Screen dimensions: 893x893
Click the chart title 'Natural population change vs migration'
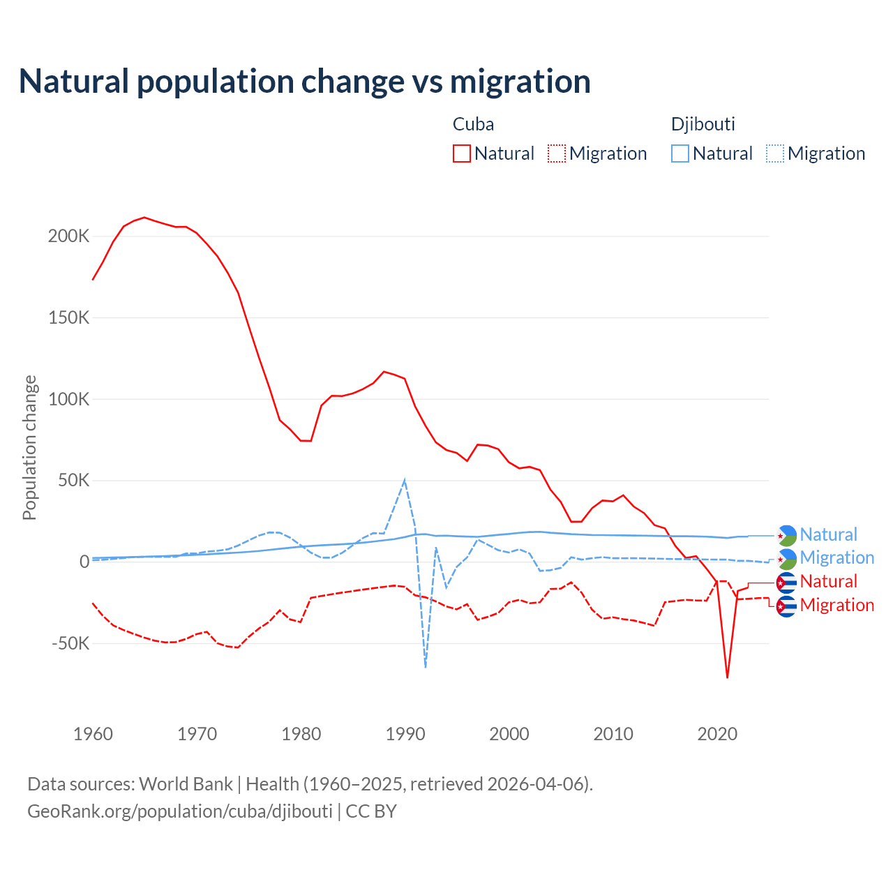point(305,81)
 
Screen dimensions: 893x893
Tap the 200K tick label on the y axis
point(68,236)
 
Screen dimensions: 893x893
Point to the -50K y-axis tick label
point(70,643)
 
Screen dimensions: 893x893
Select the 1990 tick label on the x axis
point(405,734)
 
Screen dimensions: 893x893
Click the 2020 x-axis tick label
point(717,734)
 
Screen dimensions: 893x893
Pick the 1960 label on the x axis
point(93,734)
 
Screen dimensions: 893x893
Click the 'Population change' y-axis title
point(29,447)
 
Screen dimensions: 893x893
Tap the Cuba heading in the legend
point(473,124)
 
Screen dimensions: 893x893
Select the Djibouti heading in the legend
point(703,124)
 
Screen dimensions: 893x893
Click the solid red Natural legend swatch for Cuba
point(462,153)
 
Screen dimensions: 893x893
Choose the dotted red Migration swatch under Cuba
point(557,153)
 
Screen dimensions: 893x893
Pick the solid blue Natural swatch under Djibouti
point(680,153)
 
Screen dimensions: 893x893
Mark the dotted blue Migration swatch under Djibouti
point(775,153)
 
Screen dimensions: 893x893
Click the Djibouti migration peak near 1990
point(405,481)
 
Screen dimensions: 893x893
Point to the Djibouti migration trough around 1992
point(426,667)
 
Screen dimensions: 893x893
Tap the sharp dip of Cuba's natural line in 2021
point(728,677)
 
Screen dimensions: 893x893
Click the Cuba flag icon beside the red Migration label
point(786,606)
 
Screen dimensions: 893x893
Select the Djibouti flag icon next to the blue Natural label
point(786,535)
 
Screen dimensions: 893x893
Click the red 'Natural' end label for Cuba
point(828,582)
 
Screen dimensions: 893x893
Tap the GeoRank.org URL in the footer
point(180,811)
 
